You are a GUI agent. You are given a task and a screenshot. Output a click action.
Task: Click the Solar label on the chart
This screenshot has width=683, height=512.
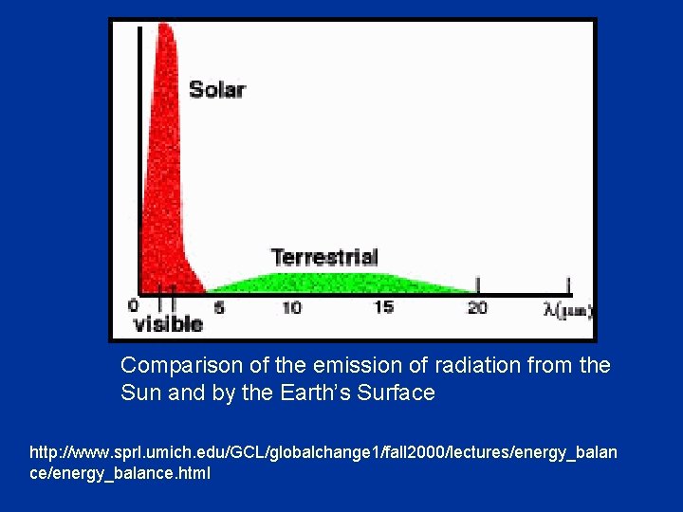point(217,90)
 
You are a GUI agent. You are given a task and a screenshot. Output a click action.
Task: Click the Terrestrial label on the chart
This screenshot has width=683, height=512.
point(324,257)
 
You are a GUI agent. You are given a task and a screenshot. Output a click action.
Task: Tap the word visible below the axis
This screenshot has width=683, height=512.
point(168,324)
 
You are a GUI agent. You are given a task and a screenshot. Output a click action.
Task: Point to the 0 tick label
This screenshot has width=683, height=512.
point(133,306)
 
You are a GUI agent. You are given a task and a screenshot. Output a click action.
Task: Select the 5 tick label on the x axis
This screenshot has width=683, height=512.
point(219,307)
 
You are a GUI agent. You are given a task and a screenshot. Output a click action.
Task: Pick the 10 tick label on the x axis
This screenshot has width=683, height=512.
point(291,307)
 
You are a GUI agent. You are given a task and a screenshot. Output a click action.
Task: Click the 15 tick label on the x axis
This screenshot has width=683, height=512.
point(383,307)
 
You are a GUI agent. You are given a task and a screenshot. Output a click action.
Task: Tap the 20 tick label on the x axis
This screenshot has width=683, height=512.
point(477,307)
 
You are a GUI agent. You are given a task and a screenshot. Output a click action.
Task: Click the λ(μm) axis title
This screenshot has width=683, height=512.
point(567,308)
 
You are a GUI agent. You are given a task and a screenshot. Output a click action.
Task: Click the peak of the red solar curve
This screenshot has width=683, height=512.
point(166,28)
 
